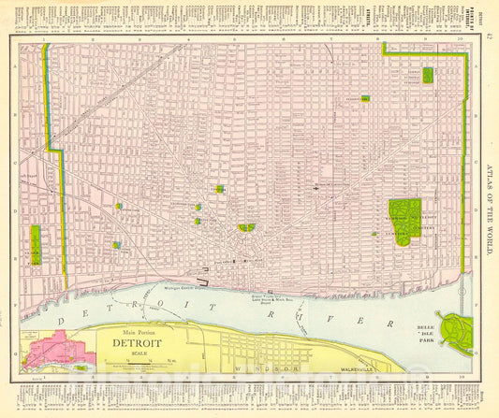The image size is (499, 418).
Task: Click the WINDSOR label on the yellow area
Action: click(x=266, y=368)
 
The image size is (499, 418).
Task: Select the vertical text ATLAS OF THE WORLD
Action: click(x=488, y=211)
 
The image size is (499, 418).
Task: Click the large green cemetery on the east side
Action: click(x=403, y=221)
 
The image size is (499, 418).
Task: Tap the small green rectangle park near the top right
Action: click(x=428, y=75)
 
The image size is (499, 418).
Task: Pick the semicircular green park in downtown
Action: click(x=247, y=227)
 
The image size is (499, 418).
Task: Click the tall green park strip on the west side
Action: click(x=36, y=246)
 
